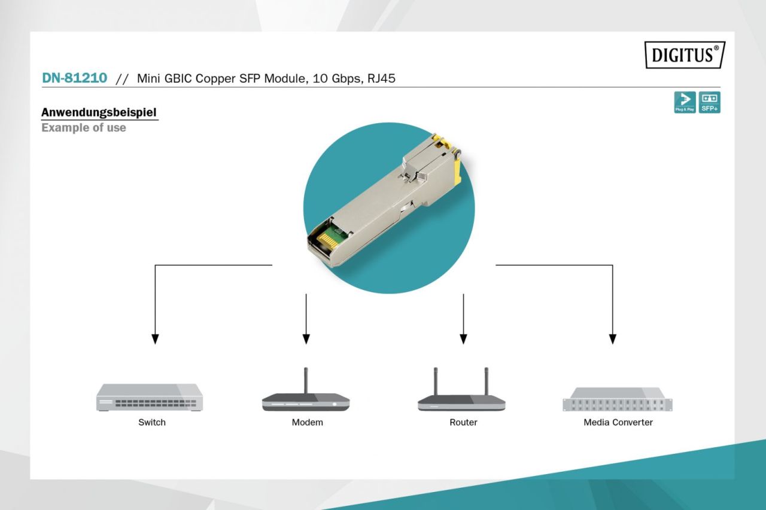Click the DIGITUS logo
click(685, 55)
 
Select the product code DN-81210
click(75, 78)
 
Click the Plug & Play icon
click(685, 102)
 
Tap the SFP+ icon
click(710, 102)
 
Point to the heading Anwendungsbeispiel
click(99, 112)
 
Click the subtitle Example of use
click(84, 127)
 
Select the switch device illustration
click(150, 397)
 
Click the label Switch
click(152, 422)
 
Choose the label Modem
click(307, 422)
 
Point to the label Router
click(463, 422)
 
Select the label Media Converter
click(618, 422)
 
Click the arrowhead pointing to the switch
click(155, 339)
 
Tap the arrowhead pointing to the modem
click(306, 339)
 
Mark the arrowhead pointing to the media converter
click(612, 339)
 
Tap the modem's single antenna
click(306, 380)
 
